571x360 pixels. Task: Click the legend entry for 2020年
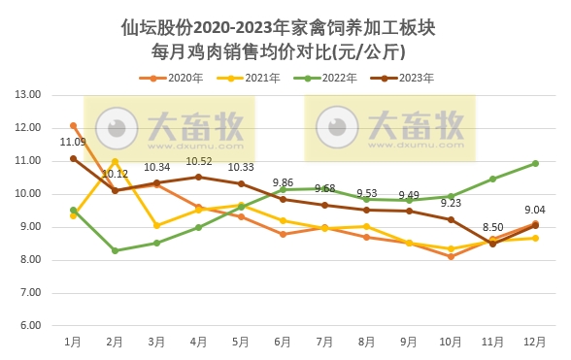pyautogui.click(x=170, y=77)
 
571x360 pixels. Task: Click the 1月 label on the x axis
pyautogui.click(x=73, y=342)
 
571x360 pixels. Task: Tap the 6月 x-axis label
pyautogui.click(x=283, y=342)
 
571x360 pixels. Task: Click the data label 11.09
pyautogui.click(x=73, y=143)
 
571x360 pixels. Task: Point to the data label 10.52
pyautogui.click(x=198, y=161)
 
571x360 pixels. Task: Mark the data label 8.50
pyautogui.click(x=491, y=227)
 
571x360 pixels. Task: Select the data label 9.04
pyautogui.click(x=534, y=209)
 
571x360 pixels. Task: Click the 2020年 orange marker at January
pyautogui.click(x=73, y=125)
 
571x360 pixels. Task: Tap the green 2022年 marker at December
pyautogui.click(x=534, y=163)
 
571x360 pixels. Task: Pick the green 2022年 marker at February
pyautogui.click(x=115, y=250)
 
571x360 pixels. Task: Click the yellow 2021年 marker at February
pyautogui.click(x=115, y=162)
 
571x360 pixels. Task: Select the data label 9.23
pyautogui.click(x=451, y=203)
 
